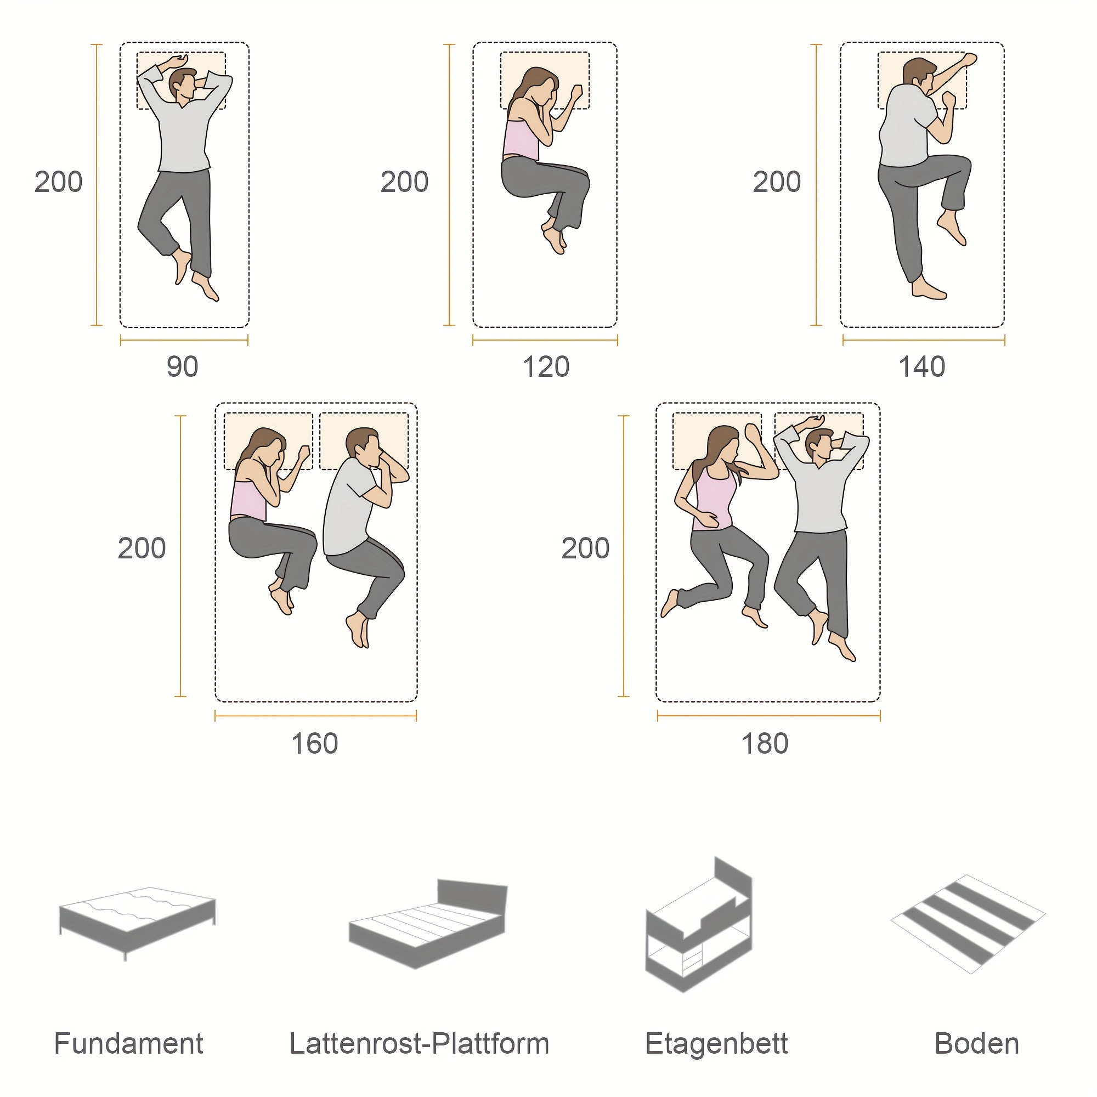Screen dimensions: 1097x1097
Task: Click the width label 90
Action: [182, 367]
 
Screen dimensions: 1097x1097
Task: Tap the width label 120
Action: [546, 367]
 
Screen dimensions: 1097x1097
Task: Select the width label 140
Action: [921, 367]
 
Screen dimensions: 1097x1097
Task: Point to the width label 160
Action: [314, 744]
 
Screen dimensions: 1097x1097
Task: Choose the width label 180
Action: [765, 744]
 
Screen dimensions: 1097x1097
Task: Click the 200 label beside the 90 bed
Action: [59, 182]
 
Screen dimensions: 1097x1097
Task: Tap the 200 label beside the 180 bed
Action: [585, 548]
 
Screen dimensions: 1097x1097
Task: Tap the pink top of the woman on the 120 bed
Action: [521, 140]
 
